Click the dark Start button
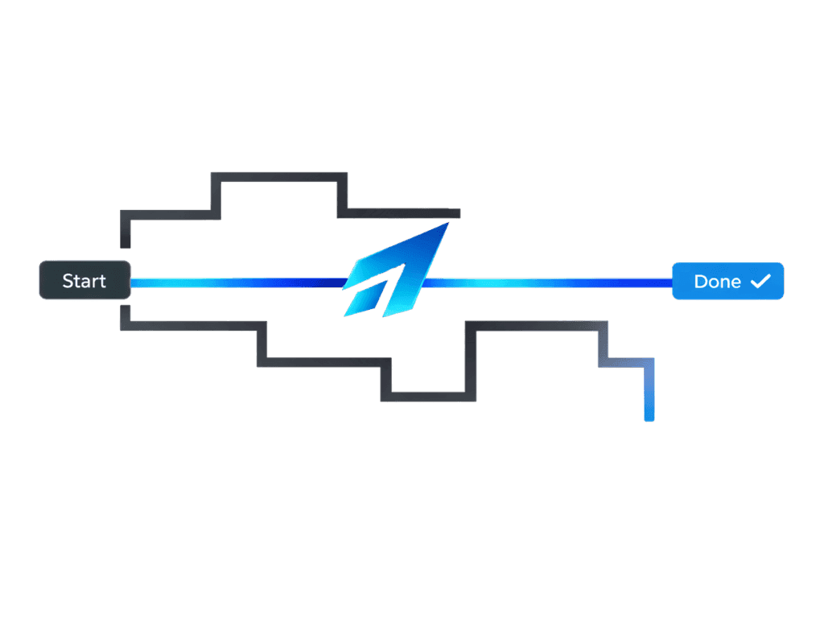(x=85, y=281)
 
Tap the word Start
(x=84, y=281)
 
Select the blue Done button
(x=727, y=281)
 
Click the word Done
(x=717, y=281)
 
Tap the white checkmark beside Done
(x=760, y=280)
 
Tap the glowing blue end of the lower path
(x=649, y=414)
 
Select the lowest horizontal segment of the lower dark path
(x=427, y=396)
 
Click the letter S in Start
(x=67, y=281)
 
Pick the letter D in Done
(x=700, y=281)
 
